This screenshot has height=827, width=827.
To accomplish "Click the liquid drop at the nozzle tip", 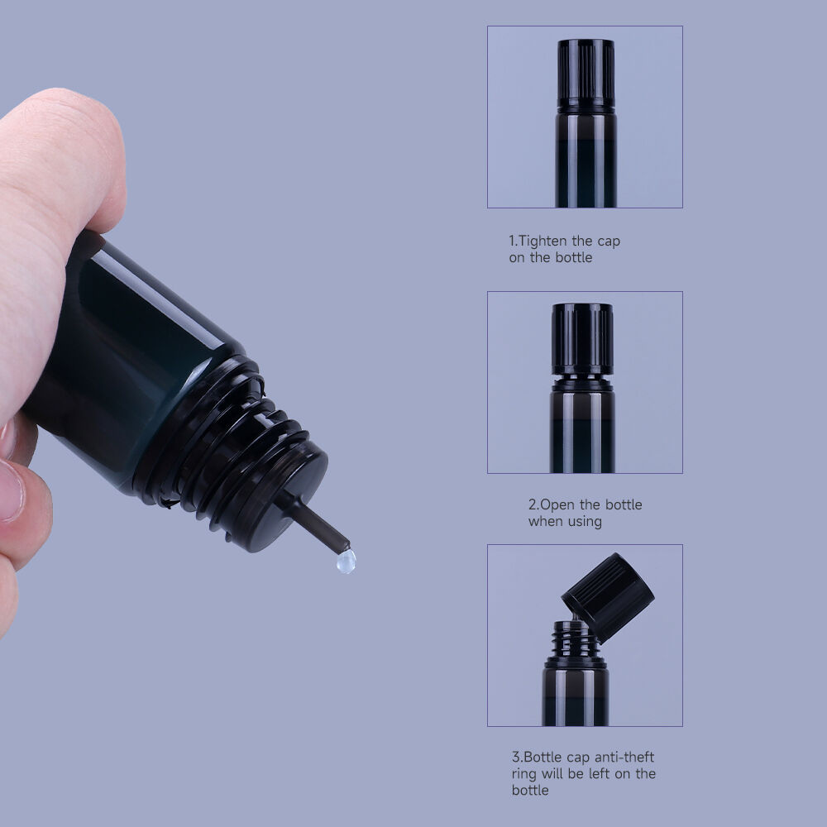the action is click(346, 561).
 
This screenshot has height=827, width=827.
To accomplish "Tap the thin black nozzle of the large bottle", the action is click(312, 522).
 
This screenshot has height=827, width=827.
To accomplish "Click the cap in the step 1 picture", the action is click(586, 75).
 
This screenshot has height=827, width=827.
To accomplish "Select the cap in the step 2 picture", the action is click(582, 338).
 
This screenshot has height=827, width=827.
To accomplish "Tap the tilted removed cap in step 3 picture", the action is click(608, 598).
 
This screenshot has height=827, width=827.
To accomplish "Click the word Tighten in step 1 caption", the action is click(543, 241).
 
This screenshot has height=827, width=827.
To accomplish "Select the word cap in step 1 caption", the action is click(609, 242).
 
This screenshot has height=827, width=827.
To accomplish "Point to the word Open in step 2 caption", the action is click(557, 505).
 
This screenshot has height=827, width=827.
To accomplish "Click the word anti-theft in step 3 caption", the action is click(624, 758).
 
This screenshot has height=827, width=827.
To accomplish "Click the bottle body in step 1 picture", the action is click(586, 161).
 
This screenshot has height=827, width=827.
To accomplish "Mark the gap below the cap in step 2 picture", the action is click(582, 378).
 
